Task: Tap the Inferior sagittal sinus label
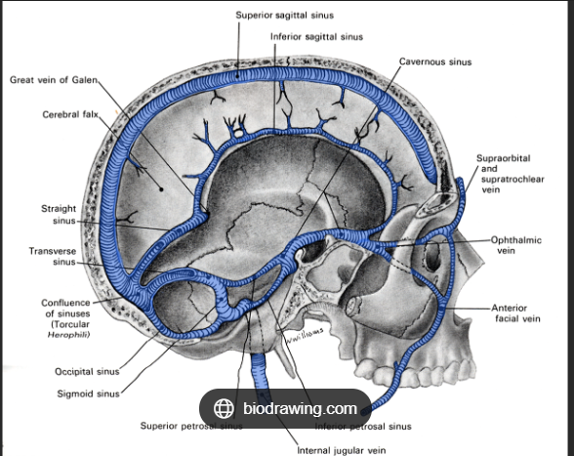[x=316, y=36]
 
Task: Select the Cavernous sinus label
[x=434, y=62]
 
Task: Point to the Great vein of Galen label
[x=55, y=79]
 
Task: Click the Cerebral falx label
[x=66, y=114]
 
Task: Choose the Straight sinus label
[x=59, y=215]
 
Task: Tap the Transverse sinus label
[x=52, y=256]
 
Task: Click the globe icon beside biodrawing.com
[x=224, y=408]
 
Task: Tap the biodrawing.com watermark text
[x=300, y=408]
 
